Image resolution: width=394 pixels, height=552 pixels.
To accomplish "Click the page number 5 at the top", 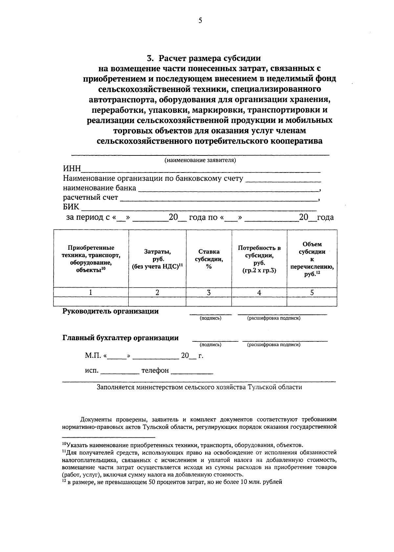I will tap(200, 21).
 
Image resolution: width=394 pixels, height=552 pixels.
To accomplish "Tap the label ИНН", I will tap(72, 169).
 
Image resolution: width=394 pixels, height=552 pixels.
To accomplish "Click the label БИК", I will tap(71, 207).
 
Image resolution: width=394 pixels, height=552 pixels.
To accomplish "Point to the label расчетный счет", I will tap(90, 198).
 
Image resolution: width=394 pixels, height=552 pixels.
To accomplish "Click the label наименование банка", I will tap(99, 188).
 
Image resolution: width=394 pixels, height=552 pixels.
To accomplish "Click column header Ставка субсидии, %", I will tap(209, 259).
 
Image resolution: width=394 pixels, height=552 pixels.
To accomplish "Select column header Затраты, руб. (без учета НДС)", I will tap(157, 259).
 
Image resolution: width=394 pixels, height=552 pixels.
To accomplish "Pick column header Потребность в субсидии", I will tap(259, 259).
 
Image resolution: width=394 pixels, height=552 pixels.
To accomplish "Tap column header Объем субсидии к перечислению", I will tap(312, 259).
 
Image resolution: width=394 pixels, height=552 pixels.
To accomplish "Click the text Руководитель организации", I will tap(111, 311).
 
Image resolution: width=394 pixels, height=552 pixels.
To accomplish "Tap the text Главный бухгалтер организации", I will tap(120, 338).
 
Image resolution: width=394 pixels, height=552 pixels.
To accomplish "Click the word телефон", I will tap(155, 371).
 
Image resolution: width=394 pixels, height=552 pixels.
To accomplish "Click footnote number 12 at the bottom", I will tap(64, 481).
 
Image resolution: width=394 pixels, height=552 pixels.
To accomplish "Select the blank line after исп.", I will tap(120, 372).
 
